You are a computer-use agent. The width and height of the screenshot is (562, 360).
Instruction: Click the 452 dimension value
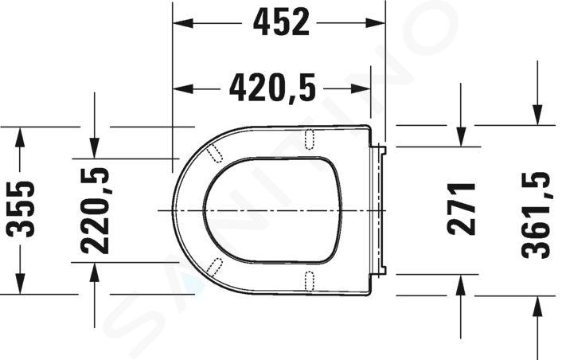pos(281,22)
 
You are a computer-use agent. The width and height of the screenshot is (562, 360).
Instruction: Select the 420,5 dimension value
pos(272,88)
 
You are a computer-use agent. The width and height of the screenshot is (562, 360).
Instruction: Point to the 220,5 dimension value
pos(95,211)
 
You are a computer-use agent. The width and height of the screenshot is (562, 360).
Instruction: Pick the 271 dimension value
pos(461,209)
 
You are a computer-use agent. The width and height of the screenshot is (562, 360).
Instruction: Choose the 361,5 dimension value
pos(536,215)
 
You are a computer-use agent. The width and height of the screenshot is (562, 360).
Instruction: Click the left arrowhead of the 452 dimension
pos(183,23)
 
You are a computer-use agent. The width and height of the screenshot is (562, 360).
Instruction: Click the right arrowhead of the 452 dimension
pos(375,23)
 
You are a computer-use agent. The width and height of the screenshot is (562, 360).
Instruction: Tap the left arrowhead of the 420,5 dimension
pos(183,88)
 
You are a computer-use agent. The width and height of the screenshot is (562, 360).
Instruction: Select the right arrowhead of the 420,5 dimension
pos(361,88)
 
